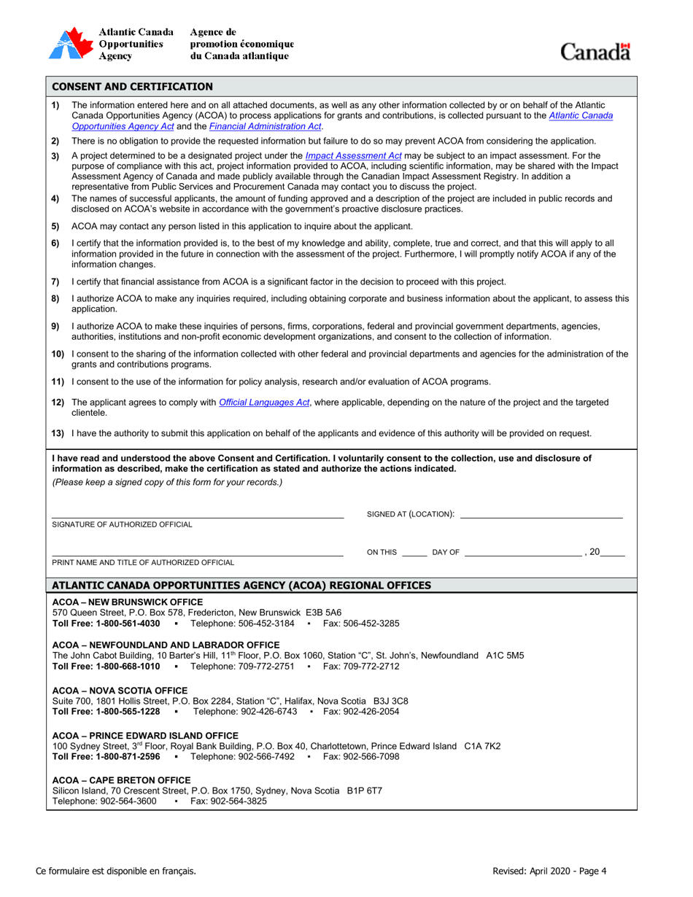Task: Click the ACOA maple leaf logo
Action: [70, 44]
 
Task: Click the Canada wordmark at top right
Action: [595, 52]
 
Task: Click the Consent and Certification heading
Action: [133, 87]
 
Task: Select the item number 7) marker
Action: [55, 282]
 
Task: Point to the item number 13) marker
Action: [58, 433]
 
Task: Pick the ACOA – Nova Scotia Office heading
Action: [120, 691]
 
